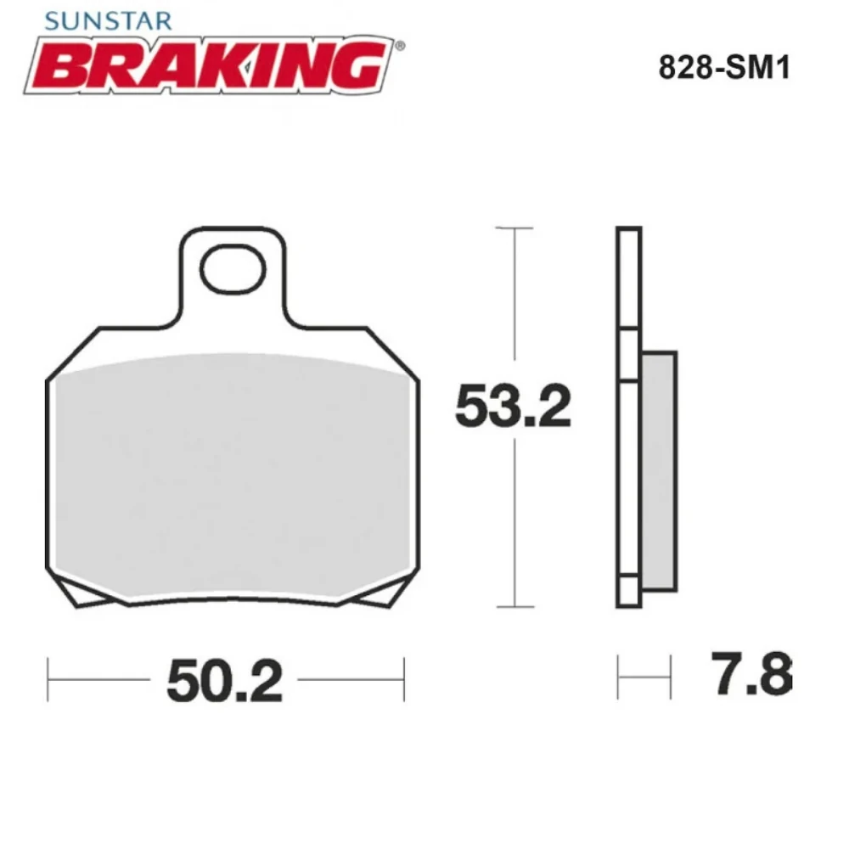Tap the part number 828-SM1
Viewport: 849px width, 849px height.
pyautogui.click(x=724, y=69)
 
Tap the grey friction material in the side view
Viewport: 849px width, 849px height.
pyautogui.click(x=659, y=471)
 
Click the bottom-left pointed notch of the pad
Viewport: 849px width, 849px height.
pyautogui.click(x=83, y=599)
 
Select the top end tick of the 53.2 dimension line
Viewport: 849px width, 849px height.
pyautogui.click(x=514, y=228)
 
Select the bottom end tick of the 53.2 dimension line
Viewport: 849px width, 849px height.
pyautogui.click(x=514, y=607)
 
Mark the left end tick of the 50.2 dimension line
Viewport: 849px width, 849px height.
pyautogui.click(x=48, y=679)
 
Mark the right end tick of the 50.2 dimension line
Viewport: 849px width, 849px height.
pyautogui.click(x=403, y=679)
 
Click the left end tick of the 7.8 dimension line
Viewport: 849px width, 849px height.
pyautogui.click(x=618, y=677)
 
